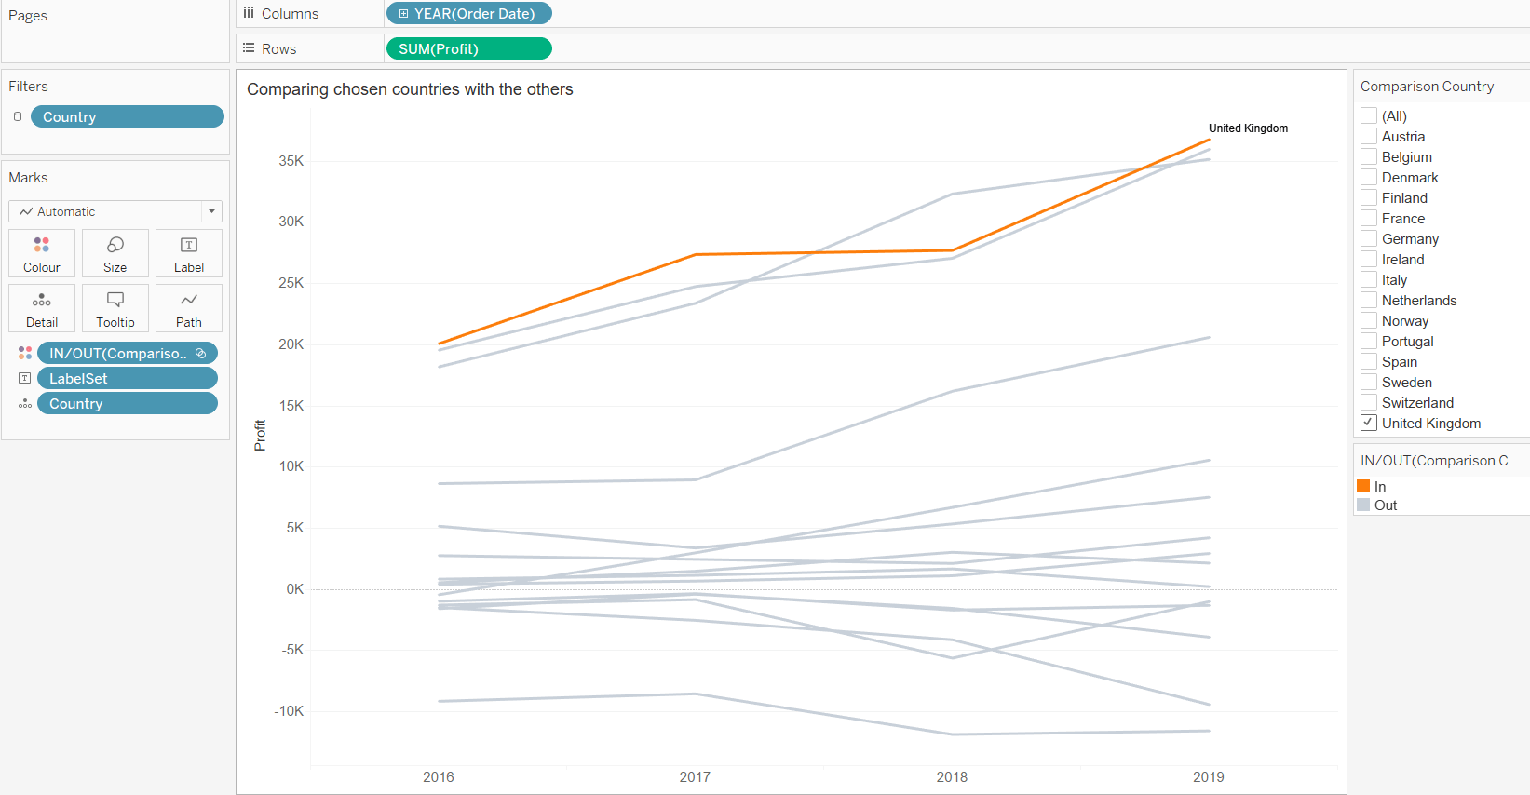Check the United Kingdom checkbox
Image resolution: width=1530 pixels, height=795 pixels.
[1369, 423]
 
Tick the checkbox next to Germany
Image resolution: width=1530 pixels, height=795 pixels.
[1369, 239]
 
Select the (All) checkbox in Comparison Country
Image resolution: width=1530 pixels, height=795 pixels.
[1369, 116]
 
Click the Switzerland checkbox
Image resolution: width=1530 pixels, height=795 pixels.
[1369, 403]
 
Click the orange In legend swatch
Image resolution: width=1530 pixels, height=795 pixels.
[1363, 486]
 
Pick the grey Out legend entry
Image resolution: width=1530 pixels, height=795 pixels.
[1364, 505]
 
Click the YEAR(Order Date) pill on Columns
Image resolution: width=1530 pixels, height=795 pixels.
[468, 14]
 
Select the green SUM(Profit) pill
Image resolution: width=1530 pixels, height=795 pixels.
[468, 48]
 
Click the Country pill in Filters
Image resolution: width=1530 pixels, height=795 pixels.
[128, 116]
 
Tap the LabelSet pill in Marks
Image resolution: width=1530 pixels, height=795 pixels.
[128, 379]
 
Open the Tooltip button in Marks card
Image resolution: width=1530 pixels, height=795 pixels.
[115, 308]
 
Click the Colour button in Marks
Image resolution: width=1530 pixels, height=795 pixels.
[42, 253]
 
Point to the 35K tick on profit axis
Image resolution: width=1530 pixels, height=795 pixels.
[291, 161]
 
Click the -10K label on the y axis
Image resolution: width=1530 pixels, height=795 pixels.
[289, 711]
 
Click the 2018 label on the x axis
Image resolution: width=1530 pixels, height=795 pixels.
[952, 777]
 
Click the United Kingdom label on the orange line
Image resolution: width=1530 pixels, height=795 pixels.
[1248, 128]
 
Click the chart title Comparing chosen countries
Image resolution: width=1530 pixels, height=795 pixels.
[410, 89]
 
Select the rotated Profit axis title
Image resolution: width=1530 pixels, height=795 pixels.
[260, 435]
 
